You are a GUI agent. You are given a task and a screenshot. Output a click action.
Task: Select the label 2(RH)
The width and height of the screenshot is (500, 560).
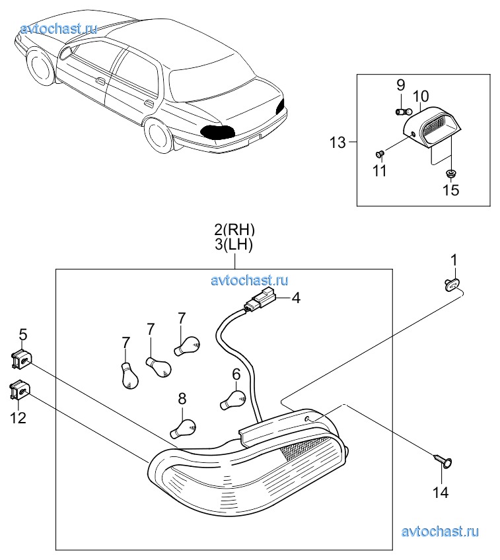click(234, 230)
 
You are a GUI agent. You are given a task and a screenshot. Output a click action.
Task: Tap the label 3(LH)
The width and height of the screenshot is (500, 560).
click(234, 245)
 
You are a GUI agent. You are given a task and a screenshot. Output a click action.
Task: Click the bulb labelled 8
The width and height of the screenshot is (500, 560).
click(183, 428)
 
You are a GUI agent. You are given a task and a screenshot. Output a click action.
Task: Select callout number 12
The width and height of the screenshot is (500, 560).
click(18, 417)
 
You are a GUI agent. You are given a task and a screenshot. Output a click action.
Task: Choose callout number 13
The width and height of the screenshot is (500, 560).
click(338, 142)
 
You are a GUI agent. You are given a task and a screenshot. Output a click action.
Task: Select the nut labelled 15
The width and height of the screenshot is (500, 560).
click(450, 172)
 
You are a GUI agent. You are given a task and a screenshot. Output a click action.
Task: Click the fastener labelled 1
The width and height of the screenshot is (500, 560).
click(451, 285)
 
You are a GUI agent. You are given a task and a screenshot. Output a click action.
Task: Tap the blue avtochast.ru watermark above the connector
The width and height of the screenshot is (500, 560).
click(250, 281)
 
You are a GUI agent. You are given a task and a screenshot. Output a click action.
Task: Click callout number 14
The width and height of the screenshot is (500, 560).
click(440, 492)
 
